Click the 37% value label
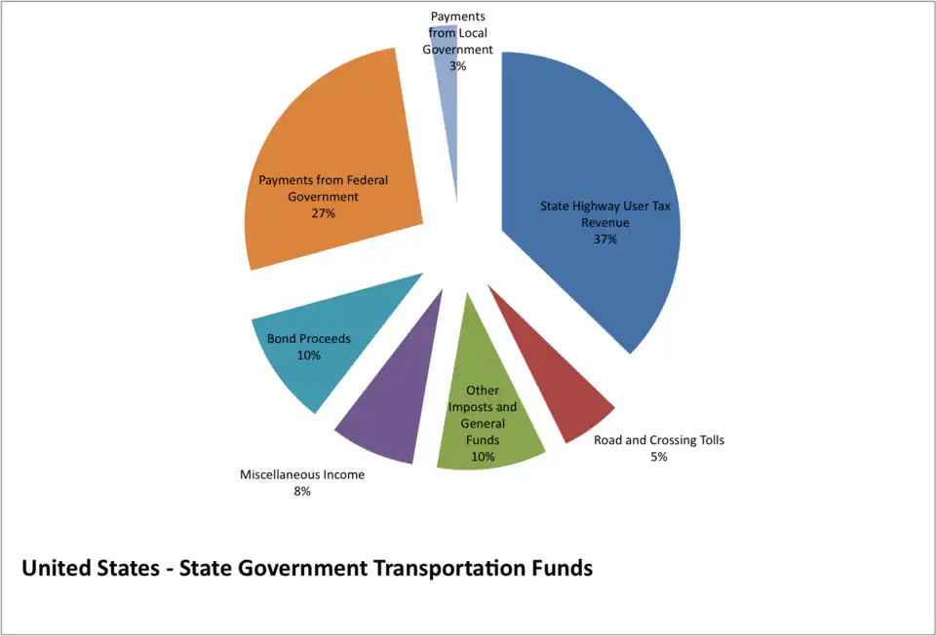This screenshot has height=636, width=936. tap(605, 240)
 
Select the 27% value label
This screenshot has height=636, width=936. tap(324, 213)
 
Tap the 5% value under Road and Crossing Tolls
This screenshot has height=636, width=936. tap(659, 457)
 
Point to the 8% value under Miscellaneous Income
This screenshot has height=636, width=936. tap(302, 492)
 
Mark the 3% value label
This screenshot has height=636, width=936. tap(457, 66)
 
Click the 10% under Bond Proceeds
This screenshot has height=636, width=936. tap(309, 355)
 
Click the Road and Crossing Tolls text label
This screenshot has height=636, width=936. tap(659, 440)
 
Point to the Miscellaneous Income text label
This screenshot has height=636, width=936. tap(302, 475)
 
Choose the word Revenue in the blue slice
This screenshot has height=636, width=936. tap(605, 223)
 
